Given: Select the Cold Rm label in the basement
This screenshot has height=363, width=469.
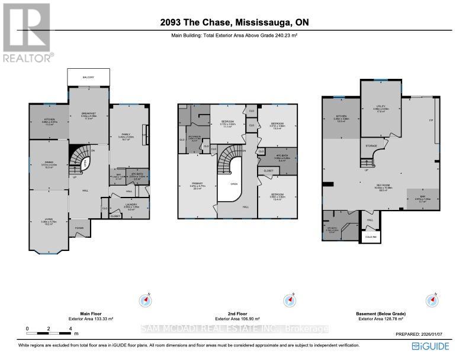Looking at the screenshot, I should tap(371, 235).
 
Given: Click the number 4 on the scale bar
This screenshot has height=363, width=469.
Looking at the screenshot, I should tap(70, 328).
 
